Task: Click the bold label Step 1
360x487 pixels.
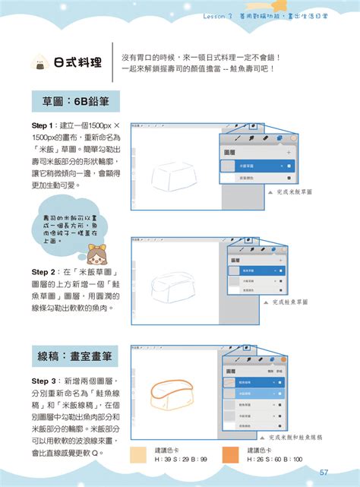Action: [42, 125]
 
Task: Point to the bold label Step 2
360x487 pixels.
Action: [42, 271]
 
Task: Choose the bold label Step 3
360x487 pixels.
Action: [42, 380]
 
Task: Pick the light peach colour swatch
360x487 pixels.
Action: [140, 455]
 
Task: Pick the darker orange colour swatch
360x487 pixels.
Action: [232, 455]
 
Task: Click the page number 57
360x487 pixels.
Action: [323, 472]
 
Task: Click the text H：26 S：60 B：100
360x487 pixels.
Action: [276, 460]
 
